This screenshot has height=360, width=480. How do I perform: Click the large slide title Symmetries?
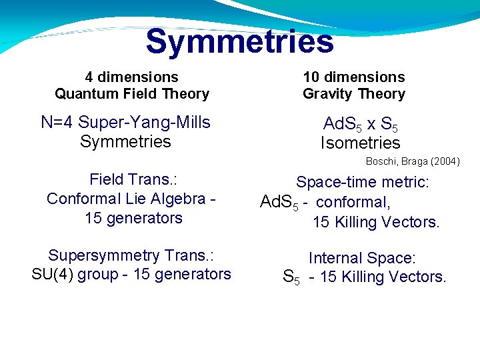pyautogui.click(x=239, y=41)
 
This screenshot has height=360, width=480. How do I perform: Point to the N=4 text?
pyautogui.click(x=57, y=123)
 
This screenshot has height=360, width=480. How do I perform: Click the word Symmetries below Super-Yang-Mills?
pyautogui.click(x=125, y=141)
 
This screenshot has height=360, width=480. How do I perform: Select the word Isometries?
pyautogui.click(x=360, y=143)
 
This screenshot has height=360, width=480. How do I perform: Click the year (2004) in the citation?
pyautogui.click(x=444, y=161)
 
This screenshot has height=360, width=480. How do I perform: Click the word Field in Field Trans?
pyautogui.click(x=106, y=179)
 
